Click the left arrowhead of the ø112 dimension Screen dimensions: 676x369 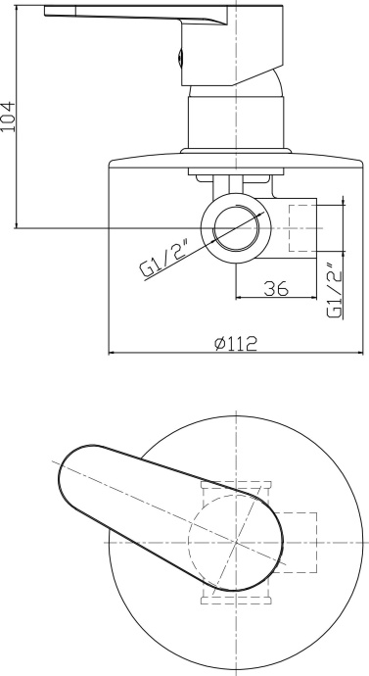pos(110,354)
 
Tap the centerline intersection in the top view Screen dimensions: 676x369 pos(237,541)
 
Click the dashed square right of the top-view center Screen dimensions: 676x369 pos(297,541)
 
